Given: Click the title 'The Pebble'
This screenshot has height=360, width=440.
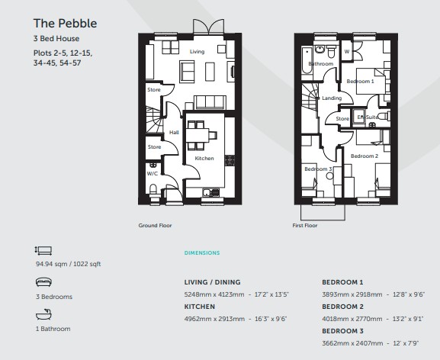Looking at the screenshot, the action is click(x=65, y=24).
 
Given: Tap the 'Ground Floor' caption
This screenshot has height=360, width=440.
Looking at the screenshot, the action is click(x=155, y=225).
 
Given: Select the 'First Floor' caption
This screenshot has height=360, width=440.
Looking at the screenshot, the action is click(x=305, y=225).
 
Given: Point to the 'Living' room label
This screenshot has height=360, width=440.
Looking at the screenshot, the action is click(x=197, y=52).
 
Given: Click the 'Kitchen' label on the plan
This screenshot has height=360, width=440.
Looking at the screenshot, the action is click(x=204, y=158).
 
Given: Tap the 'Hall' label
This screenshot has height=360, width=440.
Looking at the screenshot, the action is click(x=174, y=133).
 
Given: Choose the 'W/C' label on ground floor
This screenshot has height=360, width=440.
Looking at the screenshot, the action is click(x=153, y=174).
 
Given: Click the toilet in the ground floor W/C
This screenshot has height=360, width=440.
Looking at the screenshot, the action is click(x=153, y=190).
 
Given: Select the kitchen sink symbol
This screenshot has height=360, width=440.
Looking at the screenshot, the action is click(x=210, y=192).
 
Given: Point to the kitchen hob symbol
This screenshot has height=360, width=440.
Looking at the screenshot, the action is click(x=230, y=160).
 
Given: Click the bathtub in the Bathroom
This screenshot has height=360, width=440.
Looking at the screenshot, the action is click(x=307, y=60).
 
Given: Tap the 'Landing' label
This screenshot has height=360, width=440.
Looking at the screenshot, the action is click(x=332, y=98).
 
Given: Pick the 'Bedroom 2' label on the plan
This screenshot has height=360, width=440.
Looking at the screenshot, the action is click(x=365, y=156).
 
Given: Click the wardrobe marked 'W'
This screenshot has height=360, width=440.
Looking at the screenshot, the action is click(x=347, y=50).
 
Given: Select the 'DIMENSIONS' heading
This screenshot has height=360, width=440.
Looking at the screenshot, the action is click(x=202, y=252).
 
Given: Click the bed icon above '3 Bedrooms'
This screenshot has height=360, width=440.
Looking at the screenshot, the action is click(x=43, y=281).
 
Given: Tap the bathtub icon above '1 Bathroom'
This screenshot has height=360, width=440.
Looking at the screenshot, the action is click(x=43, y=314).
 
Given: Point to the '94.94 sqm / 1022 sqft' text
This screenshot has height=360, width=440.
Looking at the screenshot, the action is click(x=68, y=264).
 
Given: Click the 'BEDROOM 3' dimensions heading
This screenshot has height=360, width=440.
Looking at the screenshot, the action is click(x=342, y=331).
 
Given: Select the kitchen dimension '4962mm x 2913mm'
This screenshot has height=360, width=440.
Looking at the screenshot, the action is click(x=214, y=319).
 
